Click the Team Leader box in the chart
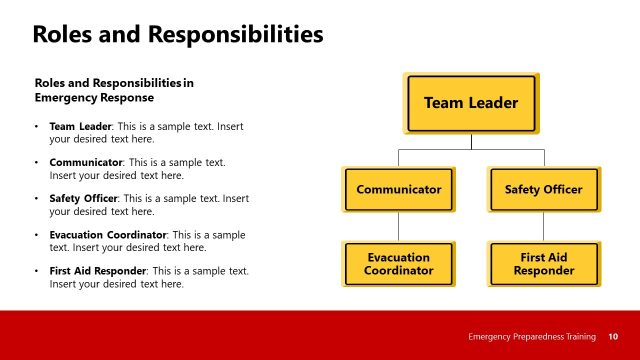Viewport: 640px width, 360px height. tap(471, 103)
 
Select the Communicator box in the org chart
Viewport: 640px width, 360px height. tap(399, 189)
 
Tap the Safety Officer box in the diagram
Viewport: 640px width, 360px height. tap(543, 189)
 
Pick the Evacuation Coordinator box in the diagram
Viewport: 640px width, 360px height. tap(399, 264)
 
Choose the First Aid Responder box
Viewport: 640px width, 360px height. tap(543, 264)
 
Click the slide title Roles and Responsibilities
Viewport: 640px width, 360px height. tap(178, 35)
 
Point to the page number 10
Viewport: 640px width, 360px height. tap(613, 337)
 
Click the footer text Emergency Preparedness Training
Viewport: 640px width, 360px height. tap(532, 337)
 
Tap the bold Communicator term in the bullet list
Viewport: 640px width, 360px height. tap(86, 162)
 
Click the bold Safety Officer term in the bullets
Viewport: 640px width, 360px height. tap(84, 198)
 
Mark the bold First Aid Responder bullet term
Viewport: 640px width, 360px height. tap(97, 271)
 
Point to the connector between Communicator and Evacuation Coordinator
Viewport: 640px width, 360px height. tap(399, 227)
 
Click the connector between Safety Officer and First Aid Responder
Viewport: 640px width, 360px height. tap(543, 227)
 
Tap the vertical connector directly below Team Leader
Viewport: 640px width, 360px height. tap(471, 141)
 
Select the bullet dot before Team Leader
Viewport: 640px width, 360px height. tap(37, 128)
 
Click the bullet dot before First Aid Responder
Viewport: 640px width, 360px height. tap(37, 271)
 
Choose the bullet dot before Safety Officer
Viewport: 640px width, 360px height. tap(37, 199)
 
